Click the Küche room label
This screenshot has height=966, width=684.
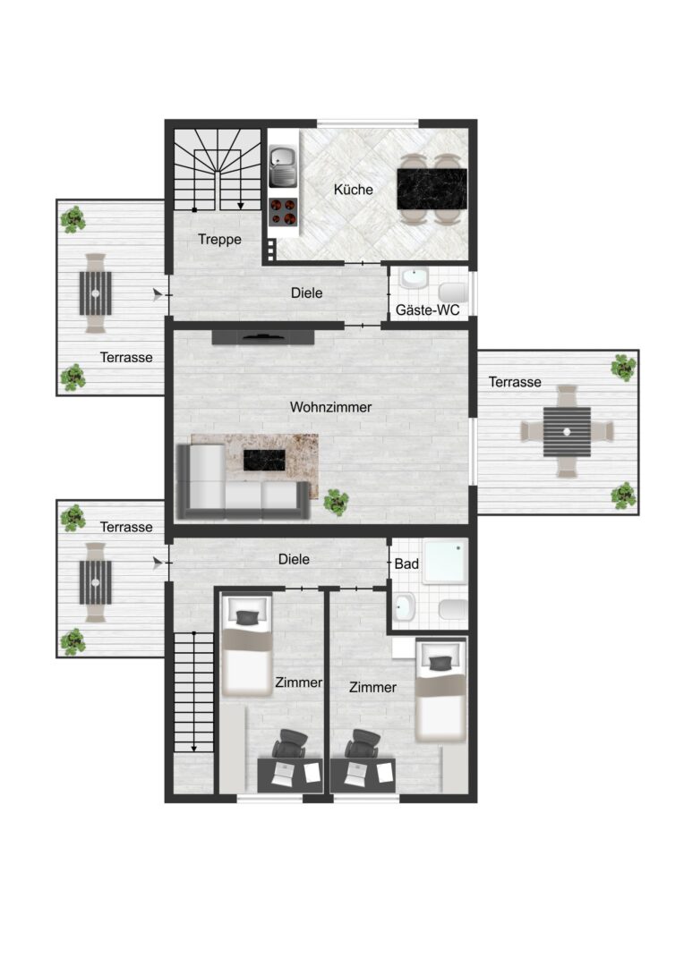tap(354, 190)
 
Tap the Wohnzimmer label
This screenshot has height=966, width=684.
tap(330, 407)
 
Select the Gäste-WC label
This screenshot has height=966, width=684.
tap(427, 309)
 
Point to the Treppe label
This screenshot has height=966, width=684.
tap(219, 240)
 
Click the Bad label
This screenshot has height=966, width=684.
tap(406, 563)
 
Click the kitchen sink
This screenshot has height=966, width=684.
tap(283, 165)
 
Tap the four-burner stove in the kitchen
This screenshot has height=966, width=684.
tap(284, 211)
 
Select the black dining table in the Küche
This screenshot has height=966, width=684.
tap(432, 189)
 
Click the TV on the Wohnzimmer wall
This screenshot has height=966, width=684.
tap(263, 336)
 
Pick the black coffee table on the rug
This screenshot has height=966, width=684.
tap(265, 461)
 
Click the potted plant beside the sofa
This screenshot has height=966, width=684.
tap(336, 502)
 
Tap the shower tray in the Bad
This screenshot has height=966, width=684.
tap(445, 562)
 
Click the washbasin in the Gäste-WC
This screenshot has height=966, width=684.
tap(414, 278)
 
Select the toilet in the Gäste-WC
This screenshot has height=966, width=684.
tap(454, 292)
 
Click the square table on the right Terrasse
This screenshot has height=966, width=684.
tap(567, 432)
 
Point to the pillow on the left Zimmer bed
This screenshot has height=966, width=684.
tap(247, 618)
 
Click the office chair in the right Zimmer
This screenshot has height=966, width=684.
tap(362, 744)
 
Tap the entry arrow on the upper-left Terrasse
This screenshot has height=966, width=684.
tap(158, 295)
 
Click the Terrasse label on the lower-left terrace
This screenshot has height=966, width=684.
tap(126, 528)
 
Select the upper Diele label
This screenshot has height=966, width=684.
tap(306, 293)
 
